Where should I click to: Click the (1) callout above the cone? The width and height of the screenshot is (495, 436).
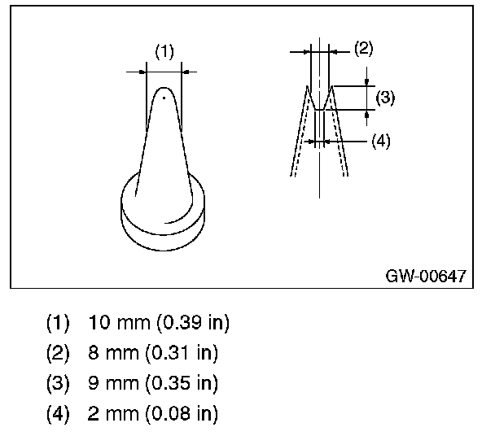click(164, 52)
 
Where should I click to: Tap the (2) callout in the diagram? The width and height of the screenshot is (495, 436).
click(363, 48)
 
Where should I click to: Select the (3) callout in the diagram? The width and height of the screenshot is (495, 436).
click(386, 98)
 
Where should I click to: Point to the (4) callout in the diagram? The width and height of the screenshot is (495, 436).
click(381, 140)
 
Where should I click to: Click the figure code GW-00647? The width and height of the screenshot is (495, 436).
click(426, 276)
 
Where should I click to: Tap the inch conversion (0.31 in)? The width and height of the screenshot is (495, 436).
click(177, 353)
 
